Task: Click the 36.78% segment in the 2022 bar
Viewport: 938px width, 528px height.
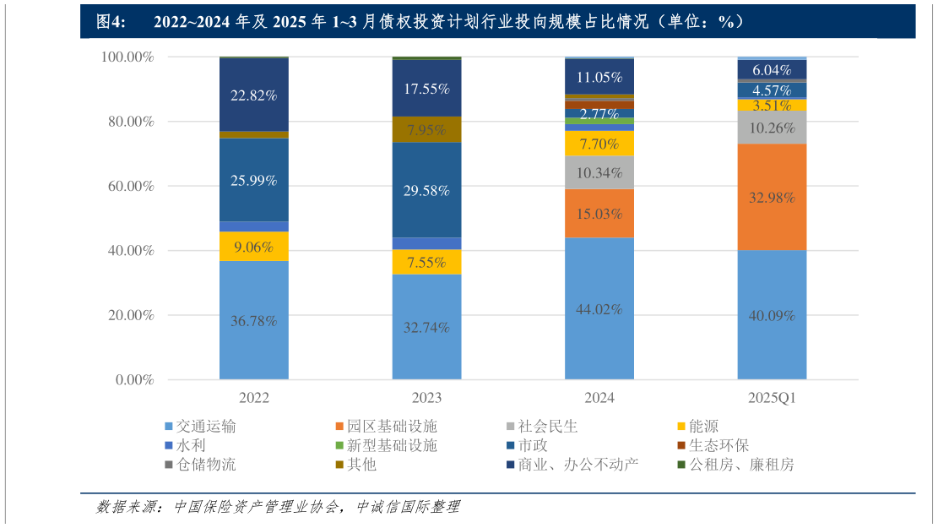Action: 253,320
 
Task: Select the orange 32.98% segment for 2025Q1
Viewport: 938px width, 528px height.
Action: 772,197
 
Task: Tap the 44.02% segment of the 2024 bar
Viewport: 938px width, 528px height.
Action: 599,308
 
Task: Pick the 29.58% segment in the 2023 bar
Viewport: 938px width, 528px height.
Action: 426,190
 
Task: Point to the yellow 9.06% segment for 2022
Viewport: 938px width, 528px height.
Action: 253,246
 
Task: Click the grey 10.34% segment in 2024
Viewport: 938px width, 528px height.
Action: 599,172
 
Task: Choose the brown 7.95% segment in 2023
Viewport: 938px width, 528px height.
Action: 426,129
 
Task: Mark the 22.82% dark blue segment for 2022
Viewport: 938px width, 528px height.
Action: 253,95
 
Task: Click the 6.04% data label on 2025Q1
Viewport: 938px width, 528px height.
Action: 772,70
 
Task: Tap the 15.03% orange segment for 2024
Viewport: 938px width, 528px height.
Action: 599,214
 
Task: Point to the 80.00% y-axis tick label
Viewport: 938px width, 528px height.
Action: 127,122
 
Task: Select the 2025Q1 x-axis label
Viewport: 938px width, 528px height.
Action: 772,398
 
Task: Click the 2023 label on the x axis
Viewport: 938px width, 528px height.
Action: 426,398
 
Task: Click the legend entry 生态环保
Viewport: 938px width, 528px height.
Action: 718,445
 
